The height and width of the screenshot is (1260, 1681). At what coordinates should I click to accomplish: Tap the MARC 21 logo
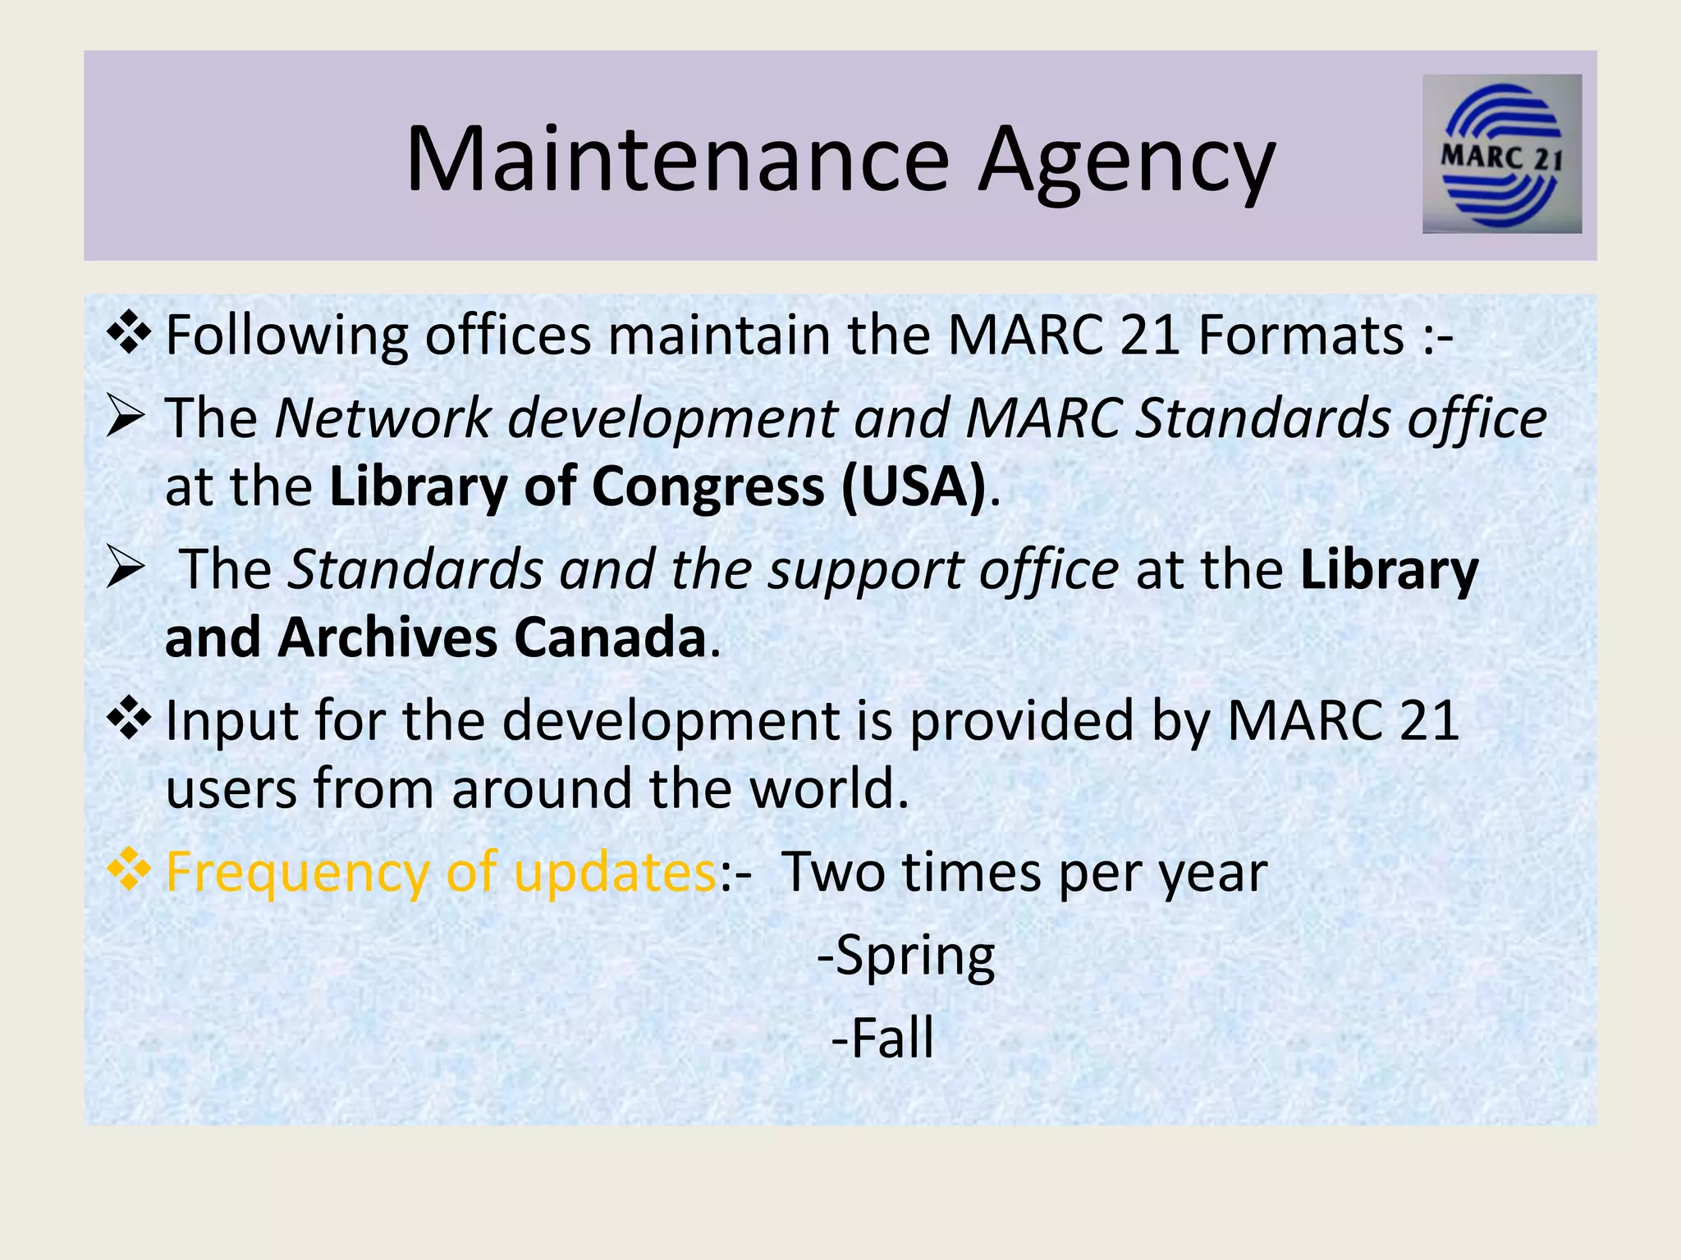tap(1501, 154)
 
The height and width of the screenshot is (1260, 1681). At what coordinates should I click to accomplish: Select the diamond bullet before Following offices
tap(129, 334)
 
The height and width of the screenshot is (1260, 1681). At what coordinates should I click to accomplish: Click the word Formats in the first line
tap(1301, 336)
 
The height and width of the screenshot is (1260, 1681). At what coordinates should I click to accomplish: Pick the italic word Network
tap(382, 418)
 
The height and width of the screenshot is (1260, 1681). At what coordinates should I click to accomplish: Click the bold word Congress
tap(708, 486)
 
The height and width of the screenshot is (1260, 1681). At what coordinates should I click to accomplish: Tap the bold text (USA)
tap(913, 486)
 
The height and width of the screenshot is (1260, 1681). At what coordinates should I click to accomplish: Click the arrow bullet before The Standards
tap(126, 567)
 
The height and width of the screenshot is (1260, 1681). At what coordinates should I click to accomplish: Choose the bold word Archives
tap(387, 638)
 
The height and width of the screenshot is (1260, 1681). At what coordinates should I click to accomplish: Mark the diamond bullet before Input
tap(129, 719)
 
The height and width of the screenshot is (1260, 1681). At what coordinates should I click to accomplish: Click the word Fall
tap(892, 1039)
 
